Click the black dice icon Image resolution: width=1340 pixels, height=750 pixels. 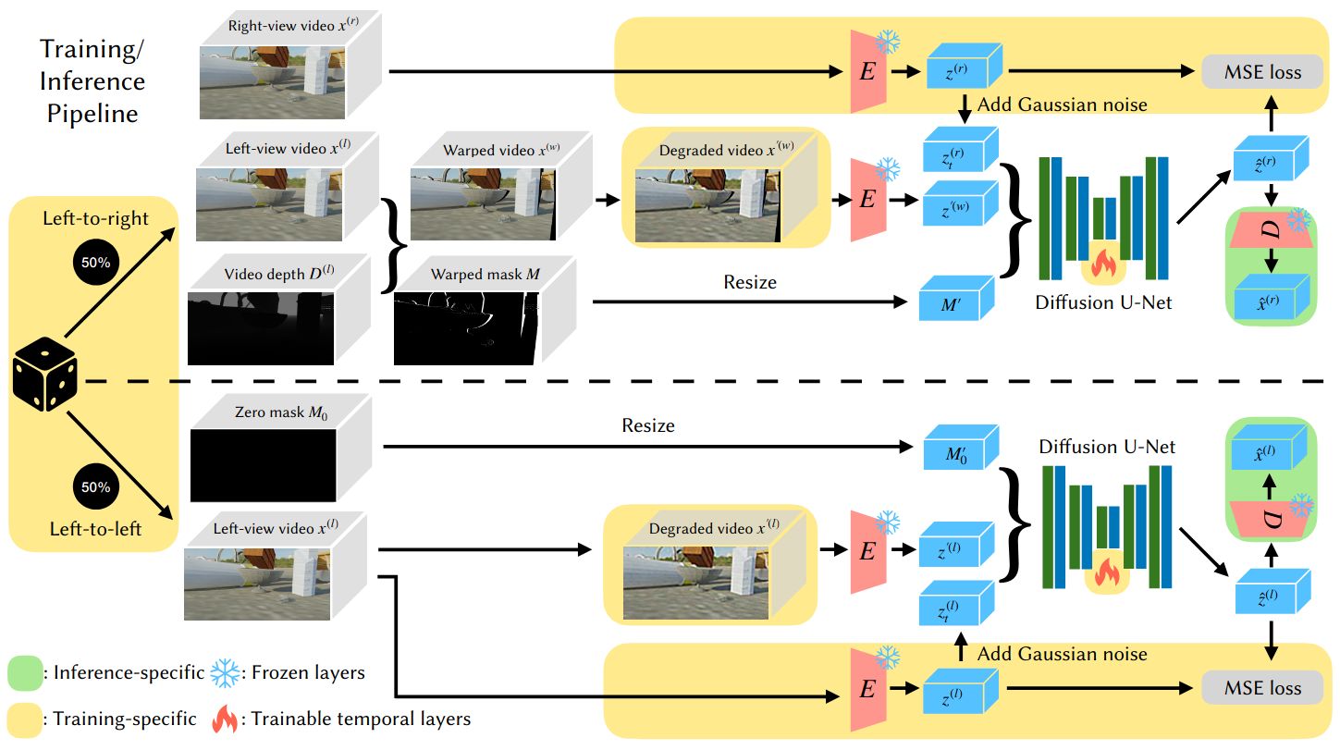pyautogui.click(x=45, y=374)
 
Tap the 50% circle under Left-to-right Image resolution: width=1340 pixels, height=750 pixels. pyautogui.click(x=96, y=262)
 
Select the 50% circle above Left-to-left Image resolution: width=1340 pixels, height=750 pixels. pyautogui.click(x=96, y=486)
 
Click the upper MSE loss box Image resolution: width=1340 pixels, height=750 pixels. pyautogui.click(x=1262, y=72)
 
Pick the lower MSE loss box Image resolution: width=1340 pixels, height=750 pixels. pyautogui.click(x=1262, y=688)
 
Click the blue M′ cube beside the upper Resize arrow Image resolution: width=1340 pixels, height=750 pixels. pyautogui.click(x=956, y=298)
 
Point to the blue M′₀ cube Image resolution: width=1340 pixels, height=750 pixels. pyautogui.click(x=961, y=448)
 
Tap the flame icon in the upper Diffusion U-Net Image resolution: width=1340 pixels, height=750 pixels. pyautogui.click(x=1103, y=264)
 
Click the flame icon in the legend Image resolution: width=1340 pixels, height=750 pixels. pyautogui.click(x=225, y=719)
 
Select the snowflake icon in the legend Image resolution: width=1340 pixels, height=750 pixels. pyautogui.click(x=225, y=673)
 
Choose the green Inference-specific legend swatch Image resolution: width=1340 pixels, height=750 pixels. pyautogui.click(x=25, y=673)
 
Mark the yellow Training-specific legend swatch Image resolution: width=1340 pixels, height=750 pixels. pyautogui.click(x=25, y=719)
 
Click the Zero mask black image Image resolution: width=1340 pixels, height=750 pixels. pyautogui.click(x=264, y=465)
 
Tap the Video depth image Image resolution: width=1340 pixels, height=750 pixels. pyautogui.click(x=261, y=328)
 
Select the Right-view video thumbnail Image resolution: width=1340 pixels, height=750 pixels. pyautogui.click(x=272, y=82)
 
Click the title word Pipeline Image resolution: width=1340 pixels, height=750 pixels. pyautogui.click(x=92, y=114)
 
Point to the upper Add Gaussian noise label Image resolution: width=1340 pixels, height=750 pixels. pyautogui.click(x=1063, y=105)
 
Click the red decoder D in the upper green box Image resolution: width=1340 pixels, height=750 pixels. pyautogui.click(x=1272, y=229)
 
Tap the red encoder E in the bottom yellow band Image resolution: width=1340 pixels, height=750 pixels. pyautogui.click(x=868, y=690)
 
